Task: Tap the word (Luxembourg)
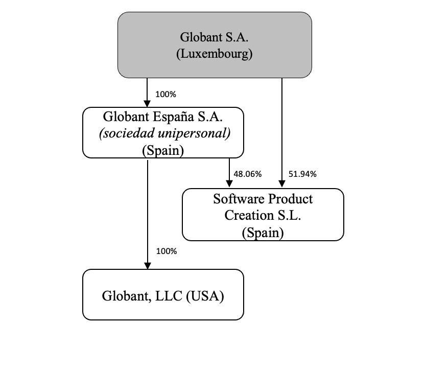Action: tap(215, 54)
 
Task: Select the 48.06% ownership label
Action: tap(247, 174)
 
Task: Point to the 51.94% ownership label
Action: tap(302, 174)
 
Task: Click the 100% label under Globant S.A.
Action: tap(165, 94)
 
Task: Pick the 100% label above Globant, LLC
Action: tap(165, 251)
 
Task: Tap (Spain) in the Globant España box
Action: tap(163, 150)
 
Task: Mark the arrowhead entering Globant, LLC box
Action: tap(148, 266)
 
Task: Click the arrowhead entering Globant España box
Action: tap(148, 104)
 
